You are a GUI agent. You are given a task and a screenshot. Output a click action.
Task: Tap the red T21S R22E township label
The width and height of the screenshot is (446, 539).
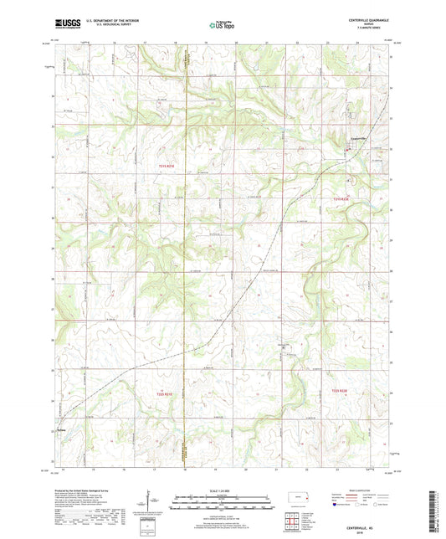pos(340,198)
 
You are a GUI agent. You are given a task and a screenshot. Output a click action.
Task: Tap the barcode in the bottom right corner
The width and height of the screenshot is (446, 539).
pos(433,507)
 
